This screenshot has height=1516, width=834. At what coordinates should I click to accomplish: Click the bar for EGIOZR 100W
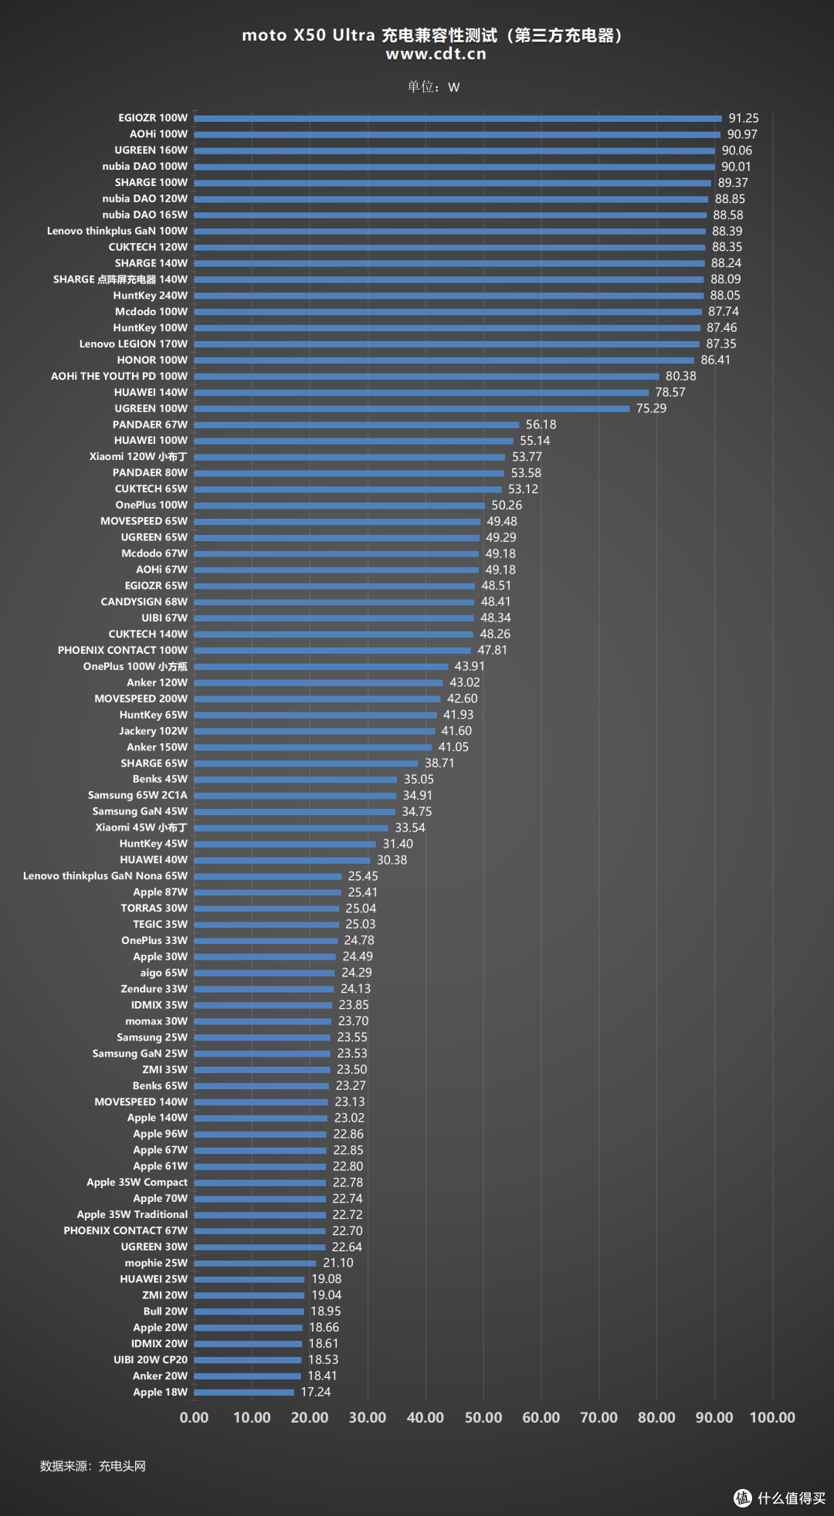tap(458, 118)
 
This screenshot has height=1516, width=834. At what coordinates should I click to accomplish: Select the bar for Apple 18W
tap(244, 1392)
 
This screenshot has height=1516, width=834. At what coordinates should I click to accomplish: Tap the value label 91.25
tap(744, 118)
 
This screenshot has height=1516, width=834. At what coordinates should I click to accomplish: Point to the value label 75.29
tap(651, 408)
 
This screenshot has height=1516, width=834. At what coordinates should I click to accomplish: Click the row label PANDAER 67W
tap(150, 425)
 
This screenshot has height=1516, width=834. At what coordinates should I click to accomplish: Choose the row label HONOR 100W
tap(152, 360)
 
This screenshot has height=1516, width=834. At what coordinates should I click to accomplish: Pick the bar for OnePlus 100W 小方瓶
tap(321, 667)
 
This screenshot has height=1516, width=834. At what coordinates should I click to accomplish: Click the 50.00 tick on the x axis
tap(483, 1417)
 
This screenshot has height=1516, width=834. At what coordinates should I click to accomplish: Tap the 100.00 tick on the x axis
tap(772, 1417)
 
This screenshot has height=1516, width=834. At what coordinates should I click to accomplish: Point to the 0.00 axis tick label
tap(194, 1417)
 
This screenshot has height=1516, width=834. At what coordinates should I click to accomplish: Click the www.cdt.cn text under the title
tap(436, 54)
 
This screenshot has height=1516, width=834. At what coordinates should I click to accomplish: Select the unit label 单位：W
tap(433, 86)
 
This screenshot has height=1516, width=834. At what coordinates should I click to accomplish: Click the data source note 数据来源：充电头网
tap(93, 1466)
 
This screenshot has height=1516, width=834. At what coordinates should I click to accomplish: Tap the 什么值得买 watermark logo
tap(780, 1498)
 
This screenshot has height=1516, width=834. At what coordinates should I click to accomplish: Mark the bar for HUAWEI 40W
tap(282, 860)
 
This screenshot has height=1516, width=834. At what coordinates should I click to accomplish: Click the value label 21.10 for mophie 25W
tap(338, 1263)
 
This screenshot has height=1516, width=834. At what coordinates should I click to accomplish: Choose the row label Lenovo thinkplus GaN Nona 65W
tap(105, 876)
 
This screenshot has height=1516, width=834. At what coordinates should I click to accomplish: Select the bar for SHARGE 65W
tap(306, 763)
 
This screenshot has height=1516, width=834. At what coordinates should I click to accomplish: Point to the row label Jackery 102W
tap(153, 731)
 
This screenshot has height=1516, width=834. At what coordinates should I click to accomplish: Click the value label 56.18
tap(541, 425)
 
